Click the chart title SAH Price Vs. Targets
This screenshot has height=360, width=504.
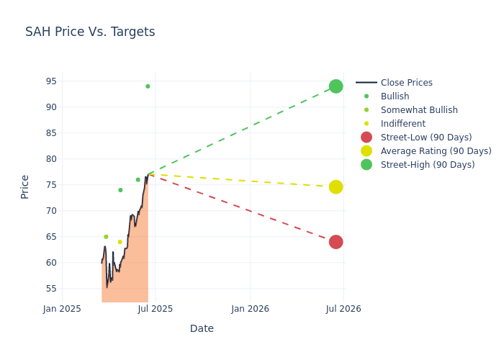tap(90, 32)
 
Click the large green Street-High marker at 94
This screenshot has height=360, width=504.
tap(336, 86)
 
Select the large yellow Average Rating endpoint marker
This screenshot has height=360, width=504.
tap(336, 187)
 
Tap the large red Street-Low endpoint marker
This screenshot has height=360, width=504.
tap(336, 242)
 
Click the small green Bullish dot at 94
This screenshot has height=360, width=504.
tap(148, 86)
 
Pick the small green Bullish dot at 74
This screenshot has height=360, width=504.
tap(120, 190)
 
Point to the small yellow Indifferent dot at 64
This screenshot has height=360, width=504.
tap(120, 242)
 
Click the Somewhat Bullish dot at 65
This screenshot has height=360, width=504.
tap(106, 237)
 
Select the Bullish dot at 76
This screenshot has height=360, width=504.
tap(138, 180)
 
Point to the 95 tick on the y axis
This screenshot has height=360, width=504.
tap(50, 81)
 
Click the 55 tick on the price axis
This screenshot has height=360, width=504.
tap(50, 289)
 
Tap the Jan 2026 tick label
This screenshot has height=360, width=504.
tap(250, 309)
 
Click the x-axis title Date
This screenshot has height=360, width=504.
tap(202, 328)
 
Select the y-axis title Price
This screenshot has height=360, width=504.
tap(25, 186)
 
